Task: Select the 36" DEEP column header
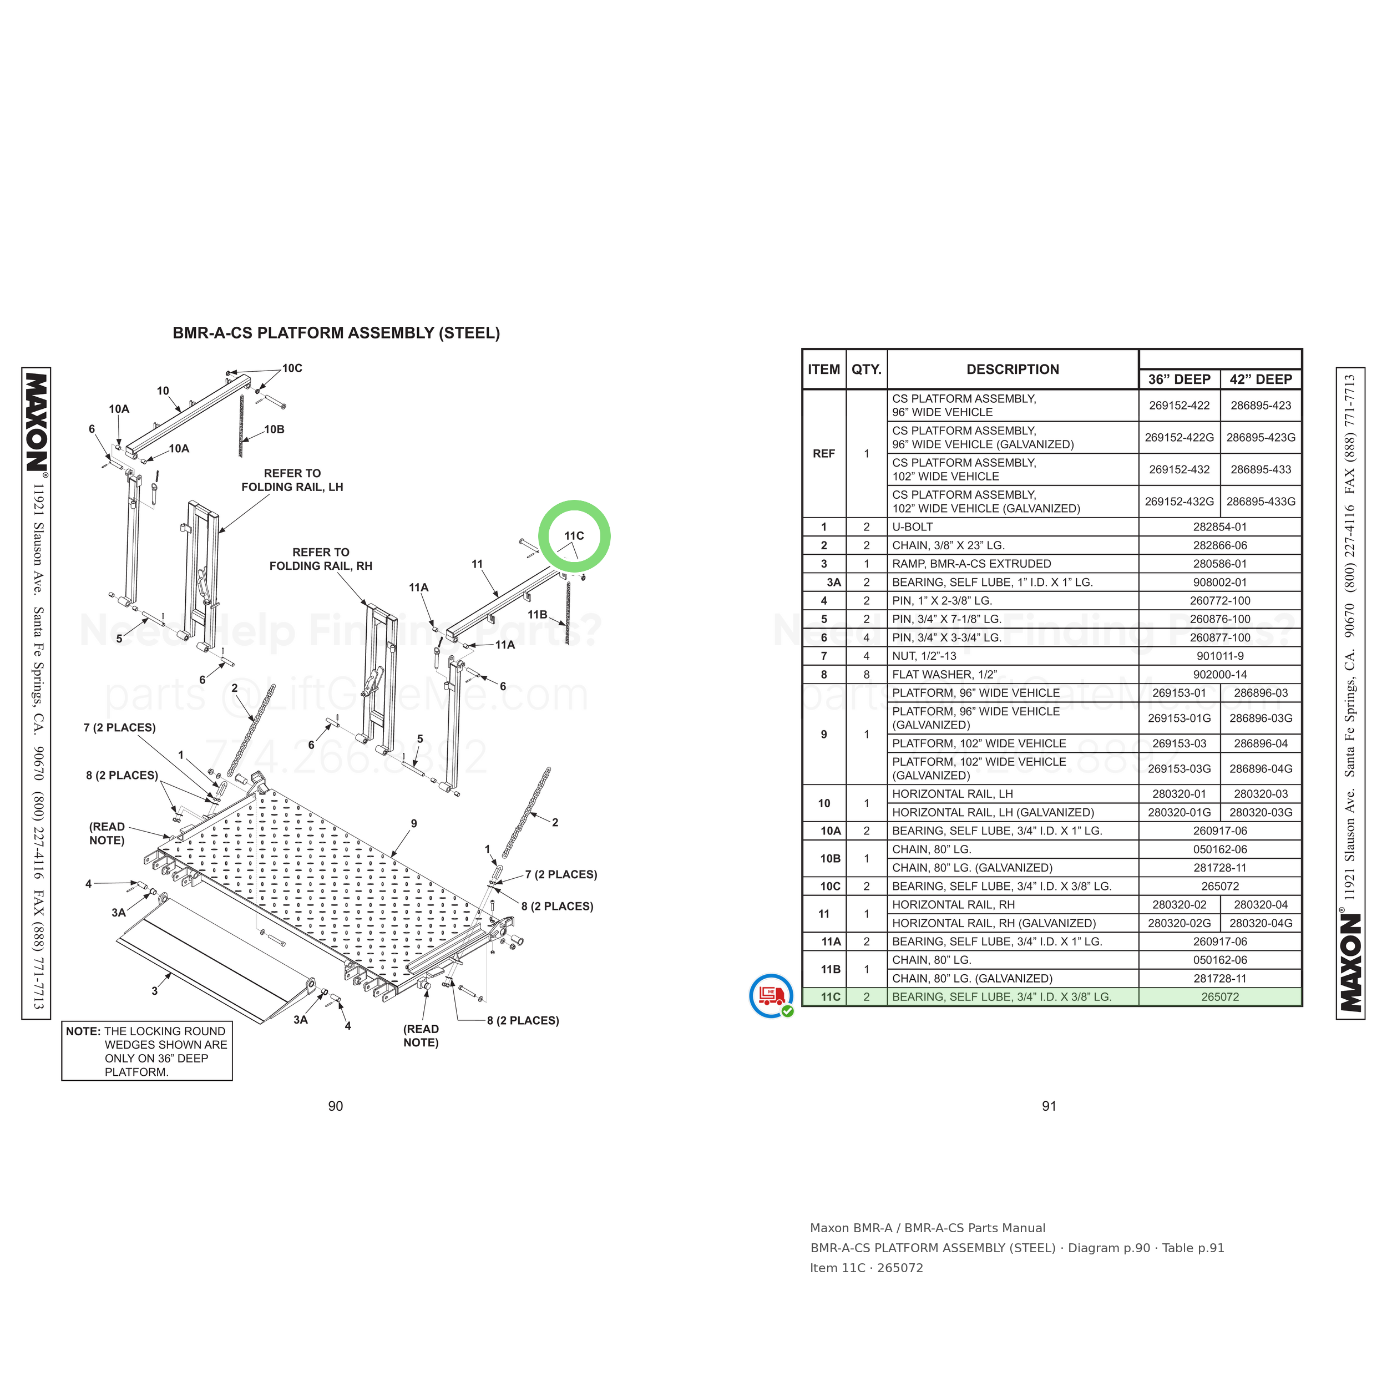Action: coord(1179,379)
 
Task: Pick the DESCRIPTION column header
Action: coord(1013,369)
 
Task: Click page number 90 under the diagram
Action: coord(335,1106)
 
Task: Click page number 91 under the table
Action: coord(1049,1106)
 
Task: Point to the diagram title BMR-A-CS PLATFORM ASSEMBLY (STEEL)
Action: coord(336,333)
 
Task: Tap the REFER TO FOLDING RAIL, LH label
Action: coord(292,480)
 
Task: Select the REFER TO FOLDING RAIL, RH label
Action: coord(321,559)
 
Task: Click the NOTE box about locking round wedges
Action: coord(147,1051)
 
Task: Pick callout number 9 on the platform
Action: coord(413,823)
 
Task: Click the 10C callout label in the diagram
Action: coord(292,368)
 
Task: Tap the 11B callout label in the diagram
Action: coord(537,615)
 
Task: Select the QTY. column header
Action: coord(867,369)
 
